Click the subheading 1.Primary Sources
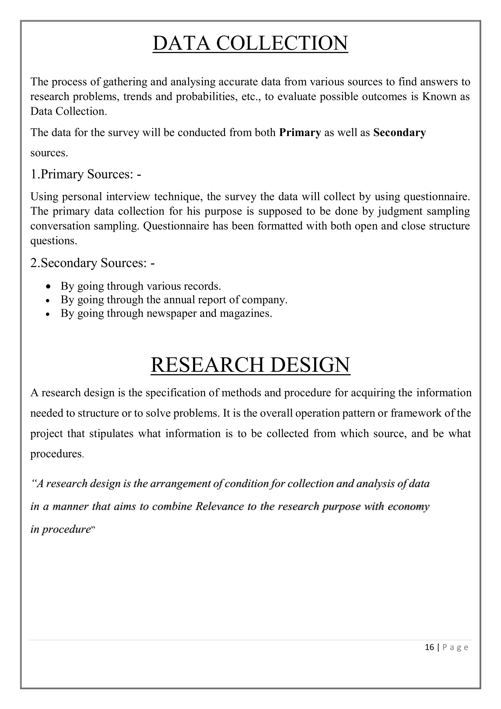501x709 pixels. pos(86,174)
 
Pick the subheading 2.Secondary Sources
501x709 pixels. pos(92,263)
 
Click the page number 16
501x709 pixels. pos(429,647)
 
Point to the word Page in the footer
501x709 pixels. pos(455,647)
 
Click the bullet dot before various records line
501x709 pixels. pos(48,287)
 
